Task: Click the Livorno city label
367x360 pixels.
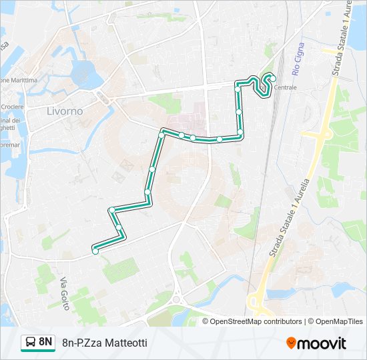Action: click(x=65, y=111)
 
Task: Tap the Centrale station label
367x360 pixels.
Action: click(x=286, y=87)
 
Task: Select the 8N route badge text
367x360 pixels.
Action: click(x=46, y=342)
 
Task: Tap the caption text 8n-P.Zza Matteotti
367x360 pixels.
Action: click(x=104, y=343)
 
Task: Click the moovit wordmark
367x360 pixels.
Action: click(x=322, y=343)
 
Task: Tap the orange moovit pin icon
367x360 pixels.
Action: click(x=292, y=343)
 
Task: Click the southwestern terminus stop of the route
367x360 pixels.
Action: click(x=95, y=251)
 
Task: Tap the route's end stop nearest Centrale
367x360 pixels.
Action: click(x=273, y=79)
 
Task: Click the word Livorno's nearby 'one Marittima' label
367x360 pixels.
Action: click(x=18, y=80)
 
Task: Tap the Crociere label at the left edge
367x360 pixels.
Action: click(x=12, y=107)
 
